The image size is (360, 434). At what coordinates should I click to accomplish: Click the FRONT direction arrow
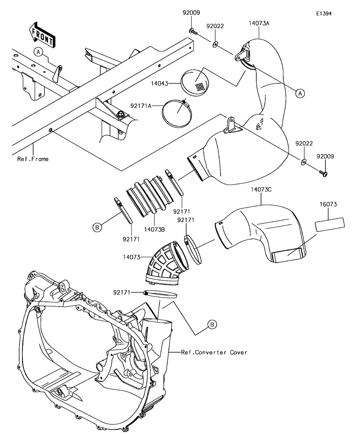[42, 35]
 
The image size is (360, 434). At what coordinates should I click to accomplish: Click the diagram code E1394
[324, 14]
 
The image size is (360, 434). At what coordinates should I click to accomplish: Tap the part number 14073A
[259, 23]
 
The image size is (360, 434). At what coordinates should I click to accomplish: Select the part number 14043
[159, 83]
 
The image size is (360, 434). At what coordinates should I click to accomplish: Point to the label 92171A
[141, 106]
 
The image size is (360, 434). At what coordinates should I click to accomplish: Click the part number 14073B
[154, 230]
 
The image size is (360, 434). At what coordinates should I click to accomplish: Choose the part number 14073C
[261, 190]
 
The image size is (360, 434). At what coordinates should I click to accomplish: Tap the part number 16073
[328, 204]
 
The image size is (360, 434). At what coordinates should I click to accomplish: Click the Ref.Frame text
[33, 159]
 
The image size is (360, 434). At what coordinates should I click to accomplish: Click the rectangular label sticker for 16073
[330, 224]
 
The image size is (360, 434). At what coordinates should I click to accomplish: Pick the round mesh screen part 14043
[195, 83]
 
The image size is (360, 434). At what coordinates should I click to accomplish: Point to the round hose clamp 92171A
[177, 113]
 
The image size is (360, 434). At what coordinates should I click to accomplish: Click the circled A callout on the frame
[38, 52]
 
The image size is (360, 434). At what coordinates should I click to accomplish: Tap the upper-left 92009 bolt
[193, 32]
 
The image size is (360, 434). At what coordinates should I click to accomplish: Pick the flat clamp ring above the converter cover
[160, 294]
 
